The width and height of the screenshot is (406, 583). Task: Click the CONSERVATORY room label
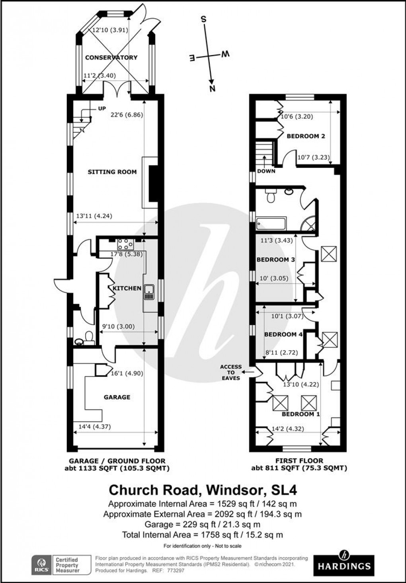click(111, 57)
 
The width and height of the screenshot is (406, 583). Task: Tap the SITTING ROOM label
click(112, 172)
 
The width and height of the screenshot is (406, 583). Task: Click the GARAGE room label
click(117, 397)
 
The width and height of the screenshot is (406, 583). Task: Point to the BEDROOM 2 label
click(306, 136)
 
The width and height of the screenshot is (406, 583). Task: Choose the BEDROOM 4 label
click(283, 334)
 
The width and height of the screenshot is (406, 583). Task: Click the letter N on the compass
click(212, 88)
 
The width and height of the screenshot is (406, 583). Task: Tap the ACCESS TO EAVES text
click(231, 372)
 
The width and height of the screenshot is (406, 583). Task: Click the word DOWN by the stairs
click(266, 171)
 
